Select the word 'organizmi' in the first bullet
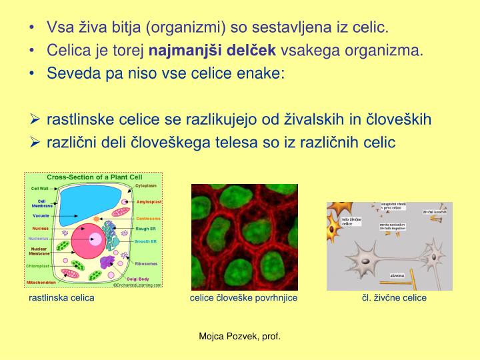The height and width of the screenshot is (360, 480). click(184, 28)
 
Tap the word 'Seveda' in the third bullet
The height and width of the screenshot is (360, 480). click(69, 73)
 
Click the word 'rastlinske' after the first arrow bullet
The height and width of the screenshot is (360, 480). click(79, 119)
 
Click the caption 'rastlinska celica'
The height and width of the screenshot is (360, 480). click(61, 297)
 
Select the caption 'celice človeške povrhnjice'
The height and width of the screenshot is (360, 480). click(243, 297)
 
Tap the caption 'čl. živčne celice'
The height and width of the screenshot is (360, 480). click(390, 297)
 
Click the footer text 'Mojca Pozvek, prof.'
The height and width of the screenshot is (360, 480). click(240, 336)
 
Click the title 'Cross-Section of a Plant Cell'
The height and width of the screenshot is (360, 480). click(94, 177)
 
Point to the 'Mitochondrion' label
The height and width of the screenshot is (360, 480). click(41, 282)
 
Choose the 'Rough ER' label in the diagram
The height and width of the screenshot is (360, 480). click(146, 229)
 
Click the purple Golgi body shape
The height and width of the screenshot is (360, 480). click(107, 261)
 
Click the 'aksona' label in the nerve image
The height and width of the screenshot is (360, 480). click(397, 274)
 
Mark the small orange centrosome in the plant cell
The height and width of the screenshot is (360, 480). click(97, 219)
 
